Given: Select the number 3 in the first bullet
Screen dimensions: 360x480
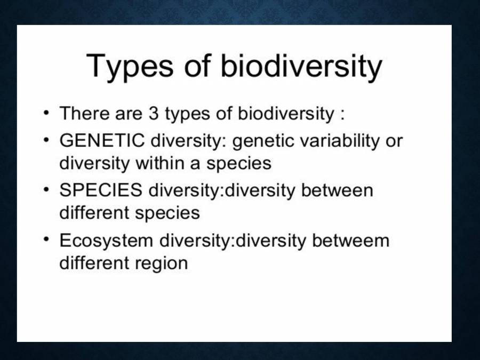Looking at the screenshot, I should (x=155, y=114).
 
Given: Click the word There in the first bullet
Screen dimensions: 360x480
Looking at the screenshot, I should (x=84, y=114).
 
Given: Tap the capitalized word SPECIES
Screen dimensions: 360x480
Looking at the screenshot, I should (x=101, y=190).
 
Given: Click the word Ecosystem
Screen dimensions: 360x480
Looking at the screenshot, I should (x=105, y=241).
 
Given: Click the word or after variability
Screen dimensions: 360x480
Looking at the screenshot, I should (x=394, y=141).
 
